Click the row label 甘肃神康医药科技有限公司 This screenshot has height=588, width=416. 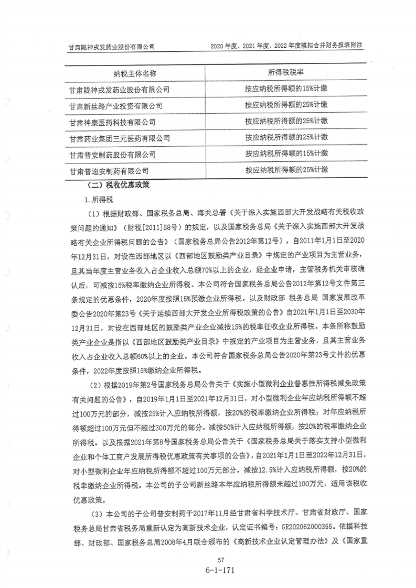[x=112, y=122]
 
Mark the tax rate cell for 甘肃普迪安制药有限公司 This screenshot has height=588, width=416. [x=286, y=170]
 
